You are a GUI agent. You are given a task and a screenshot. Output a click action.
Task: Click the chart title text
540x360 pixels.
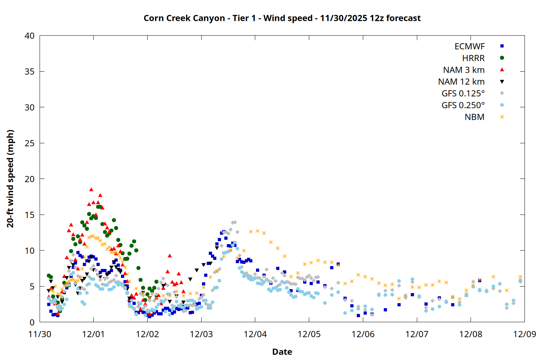click(x=282, y=18)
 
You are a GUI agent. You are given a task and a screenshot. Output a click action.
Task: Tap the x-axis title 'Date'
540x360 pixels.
click(x=282, y=352)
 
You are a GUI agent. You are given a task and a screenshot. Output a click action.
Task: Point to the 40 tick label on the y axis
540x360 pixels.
click(x=30, y=36)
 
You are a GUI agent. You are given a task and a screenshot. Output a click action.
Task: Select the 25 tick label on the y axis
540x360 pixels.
click(x=30, y=143)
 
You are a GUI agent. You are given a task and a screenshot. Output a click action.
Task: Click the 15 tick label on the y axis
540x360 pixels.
click(x=30, y=215)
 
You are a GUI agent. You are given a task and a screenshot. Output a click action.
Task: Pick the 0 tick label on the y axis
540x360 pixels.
click(x=32, y=322)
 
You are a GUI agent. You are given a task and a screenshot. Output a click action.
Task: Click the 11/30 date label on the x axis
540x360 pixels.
click(x=40, y=334)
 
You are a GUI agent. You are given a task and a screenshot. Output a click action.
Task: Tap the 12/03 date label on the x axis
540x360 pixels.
click(x=201, y=334)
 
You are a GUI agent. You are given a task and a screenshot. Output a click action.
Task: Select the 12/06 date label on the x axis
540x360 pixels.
click(x=363, y=334)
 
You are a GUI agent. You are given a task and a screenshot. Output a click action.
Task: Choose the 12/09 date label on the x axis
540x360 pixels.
click(x=525, y=334)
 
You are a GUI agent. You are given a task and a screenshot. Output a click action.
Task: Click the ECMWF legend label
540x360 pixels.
click(x=469, y=46)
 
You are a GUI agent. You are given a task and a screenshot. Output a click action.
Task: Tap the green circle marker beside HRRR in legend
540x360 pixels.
click(x=502, y=58)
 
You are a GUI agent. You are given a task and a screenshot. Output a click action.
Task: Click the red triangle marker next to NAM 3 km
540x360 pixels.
click(x=502, y=69)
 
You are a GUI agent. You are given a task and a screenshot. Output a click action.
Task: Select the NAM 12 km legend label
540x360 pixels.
click(x=461, y=82)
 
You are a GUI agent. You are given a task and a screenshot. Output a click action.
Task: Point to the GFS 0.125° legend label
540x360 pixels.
click(x=463, y=94)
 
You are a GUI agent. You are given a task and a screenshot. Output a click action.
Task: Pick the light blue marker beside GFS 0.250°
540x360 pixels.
click(x=502, y=105)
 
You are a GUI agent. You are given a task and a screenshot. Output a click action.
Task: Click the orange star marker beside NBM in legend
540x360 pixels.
click(x=502, y=117)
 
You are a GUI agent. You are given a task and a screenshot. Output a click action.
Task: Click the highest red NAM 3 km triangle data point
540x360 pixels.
click(x=91, y=189)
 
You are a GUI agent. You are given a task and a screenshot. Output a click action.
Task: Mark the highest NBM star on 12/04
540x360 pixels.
click(x=257, y=231)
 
